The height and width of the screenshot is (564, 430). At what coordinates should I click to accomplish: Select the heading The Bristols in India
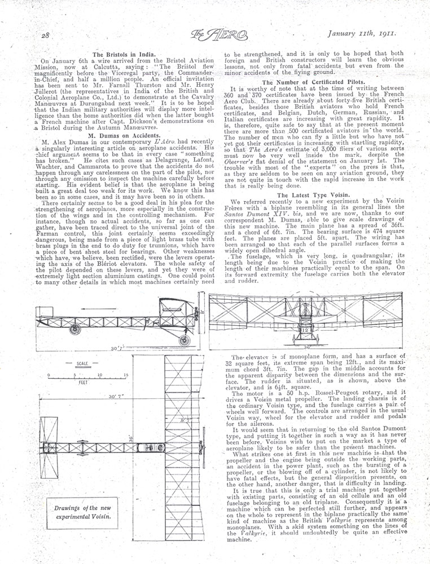pyautogui.click(x=117, y=52)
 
